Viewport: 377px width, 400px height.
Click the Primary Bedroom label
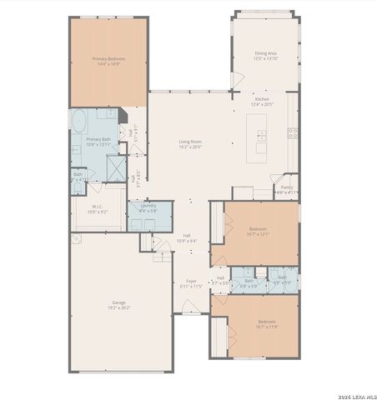[x=108, y=58]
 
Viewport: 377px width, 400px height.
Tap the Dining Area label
[x=264, y=53]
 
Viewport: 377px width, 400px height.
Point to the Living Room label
[x=190, y=142]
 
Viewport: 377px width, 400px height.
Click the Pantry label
[x=286, y=187]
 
